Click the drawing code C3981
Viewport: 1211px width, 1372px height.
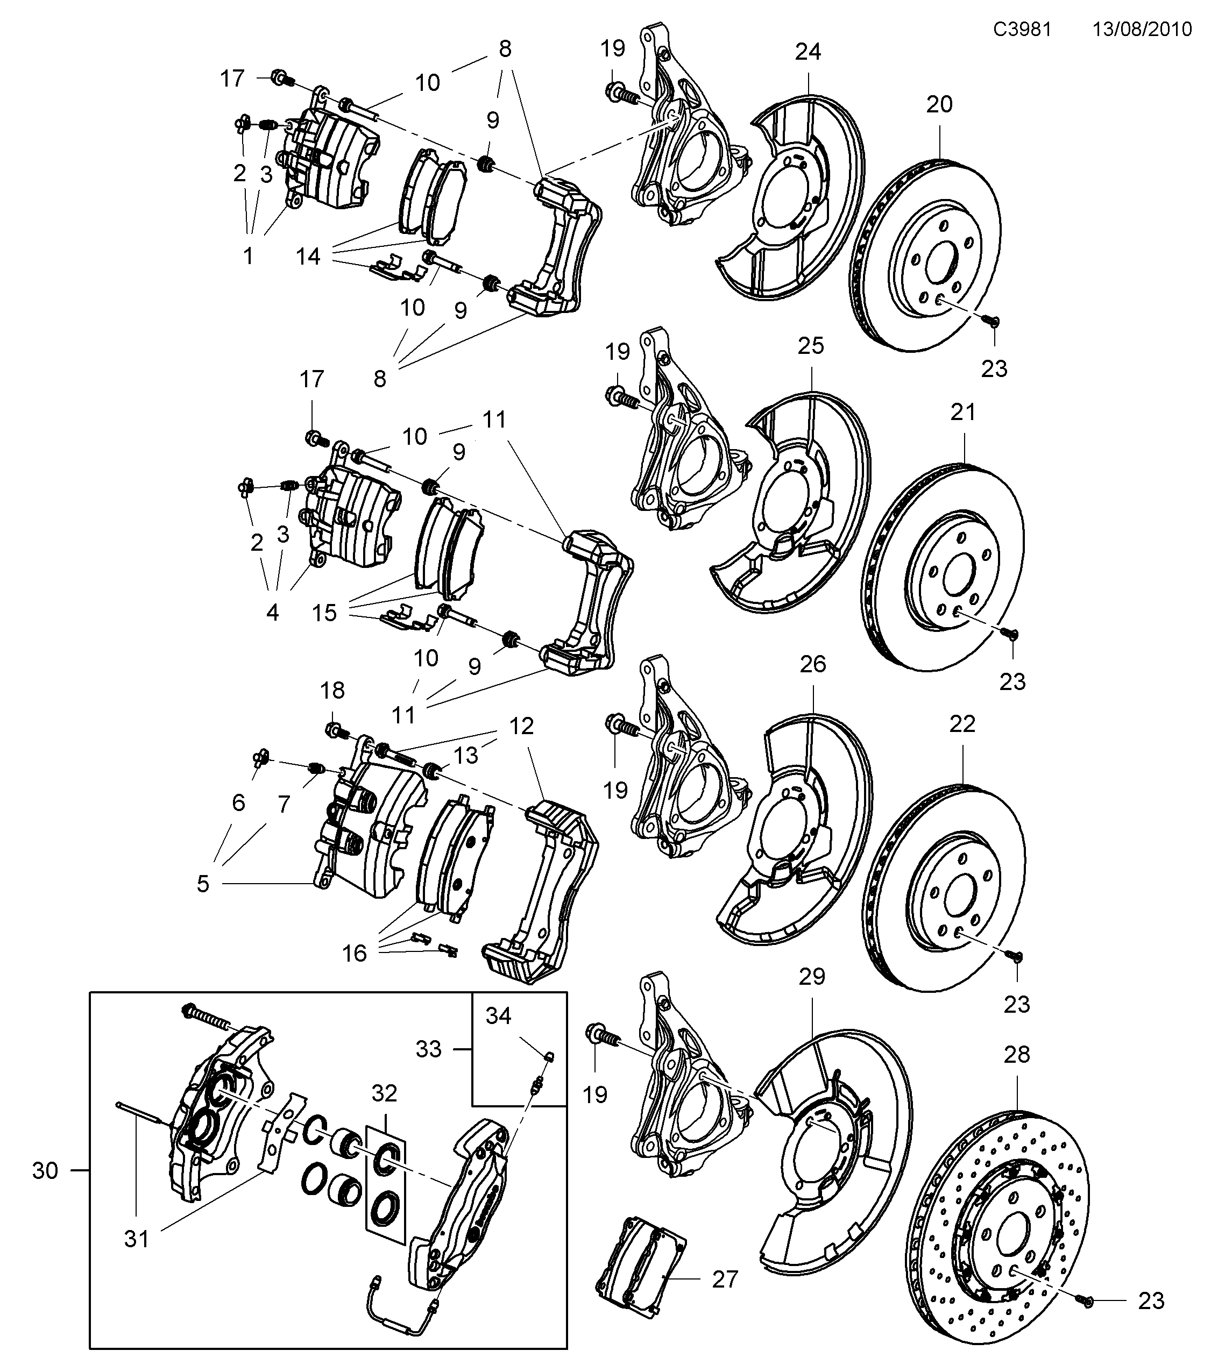[1022, 29]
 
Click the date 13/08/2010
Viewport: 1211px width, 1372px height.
[1142, 29]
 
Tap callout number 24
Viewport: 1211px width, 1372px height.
[808, 52]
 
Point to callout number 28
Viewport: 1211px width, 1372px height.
[1016, 1055]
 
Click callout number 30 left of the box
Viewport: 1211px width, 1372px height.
[45, 1171]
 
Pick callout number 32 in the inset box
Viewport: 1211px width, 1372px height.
[385, 1093]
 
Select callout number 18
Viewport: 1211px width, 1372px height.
[332, 690]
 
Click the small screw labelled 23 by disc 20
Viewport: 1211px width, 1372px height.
[992, 322]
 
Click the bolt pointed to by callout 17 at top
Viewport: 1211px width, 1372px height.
[281, 79]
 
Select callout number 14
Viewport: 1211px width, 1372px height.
[309, 257]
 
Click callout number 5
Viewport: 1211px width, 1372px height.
[203, 884]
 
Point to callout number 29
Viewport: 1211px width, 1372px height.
[812, 976]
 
